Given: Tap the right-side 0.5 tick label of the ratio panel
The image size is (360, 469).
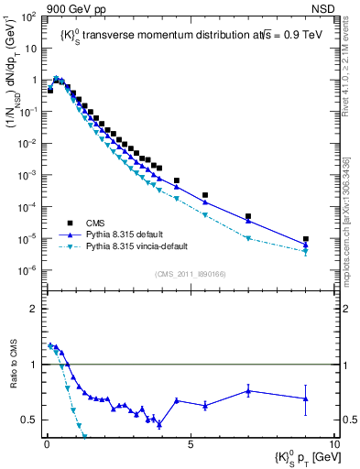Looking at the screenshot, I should pos(347,420).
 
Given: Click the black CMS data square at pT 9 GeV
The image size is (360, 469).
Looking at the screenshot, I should pos(306,239).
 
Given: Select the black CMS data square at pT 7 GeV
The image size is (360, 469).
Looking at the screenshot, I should pos(248,217).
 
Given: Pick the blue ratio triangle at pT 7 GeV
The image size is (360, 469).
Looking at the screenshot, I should pos(248,391).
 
